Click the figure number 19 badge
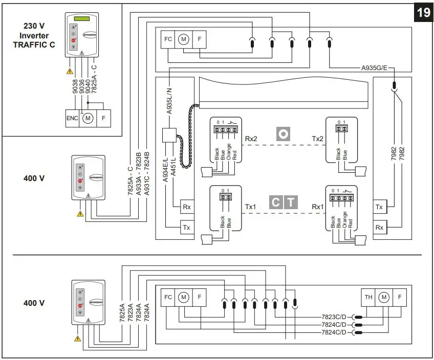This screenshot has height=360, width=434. [424, 12]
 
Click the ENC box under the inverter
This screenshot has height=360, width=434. [72, 118]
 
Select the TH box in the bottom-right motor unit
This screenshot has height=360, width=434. [368, 297]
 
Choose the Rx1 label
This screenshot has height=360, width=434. [318, 207]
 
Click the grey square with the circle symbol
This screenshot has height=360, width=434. [283, 134]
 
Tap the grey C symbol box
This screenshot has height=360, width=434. [275, 202]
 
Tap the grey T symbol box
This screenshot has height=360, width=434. [291, 202]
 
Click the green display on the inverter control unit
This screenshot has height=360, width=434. [80, 19]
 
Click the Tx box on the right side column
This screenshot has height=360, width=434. [379, 207]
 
